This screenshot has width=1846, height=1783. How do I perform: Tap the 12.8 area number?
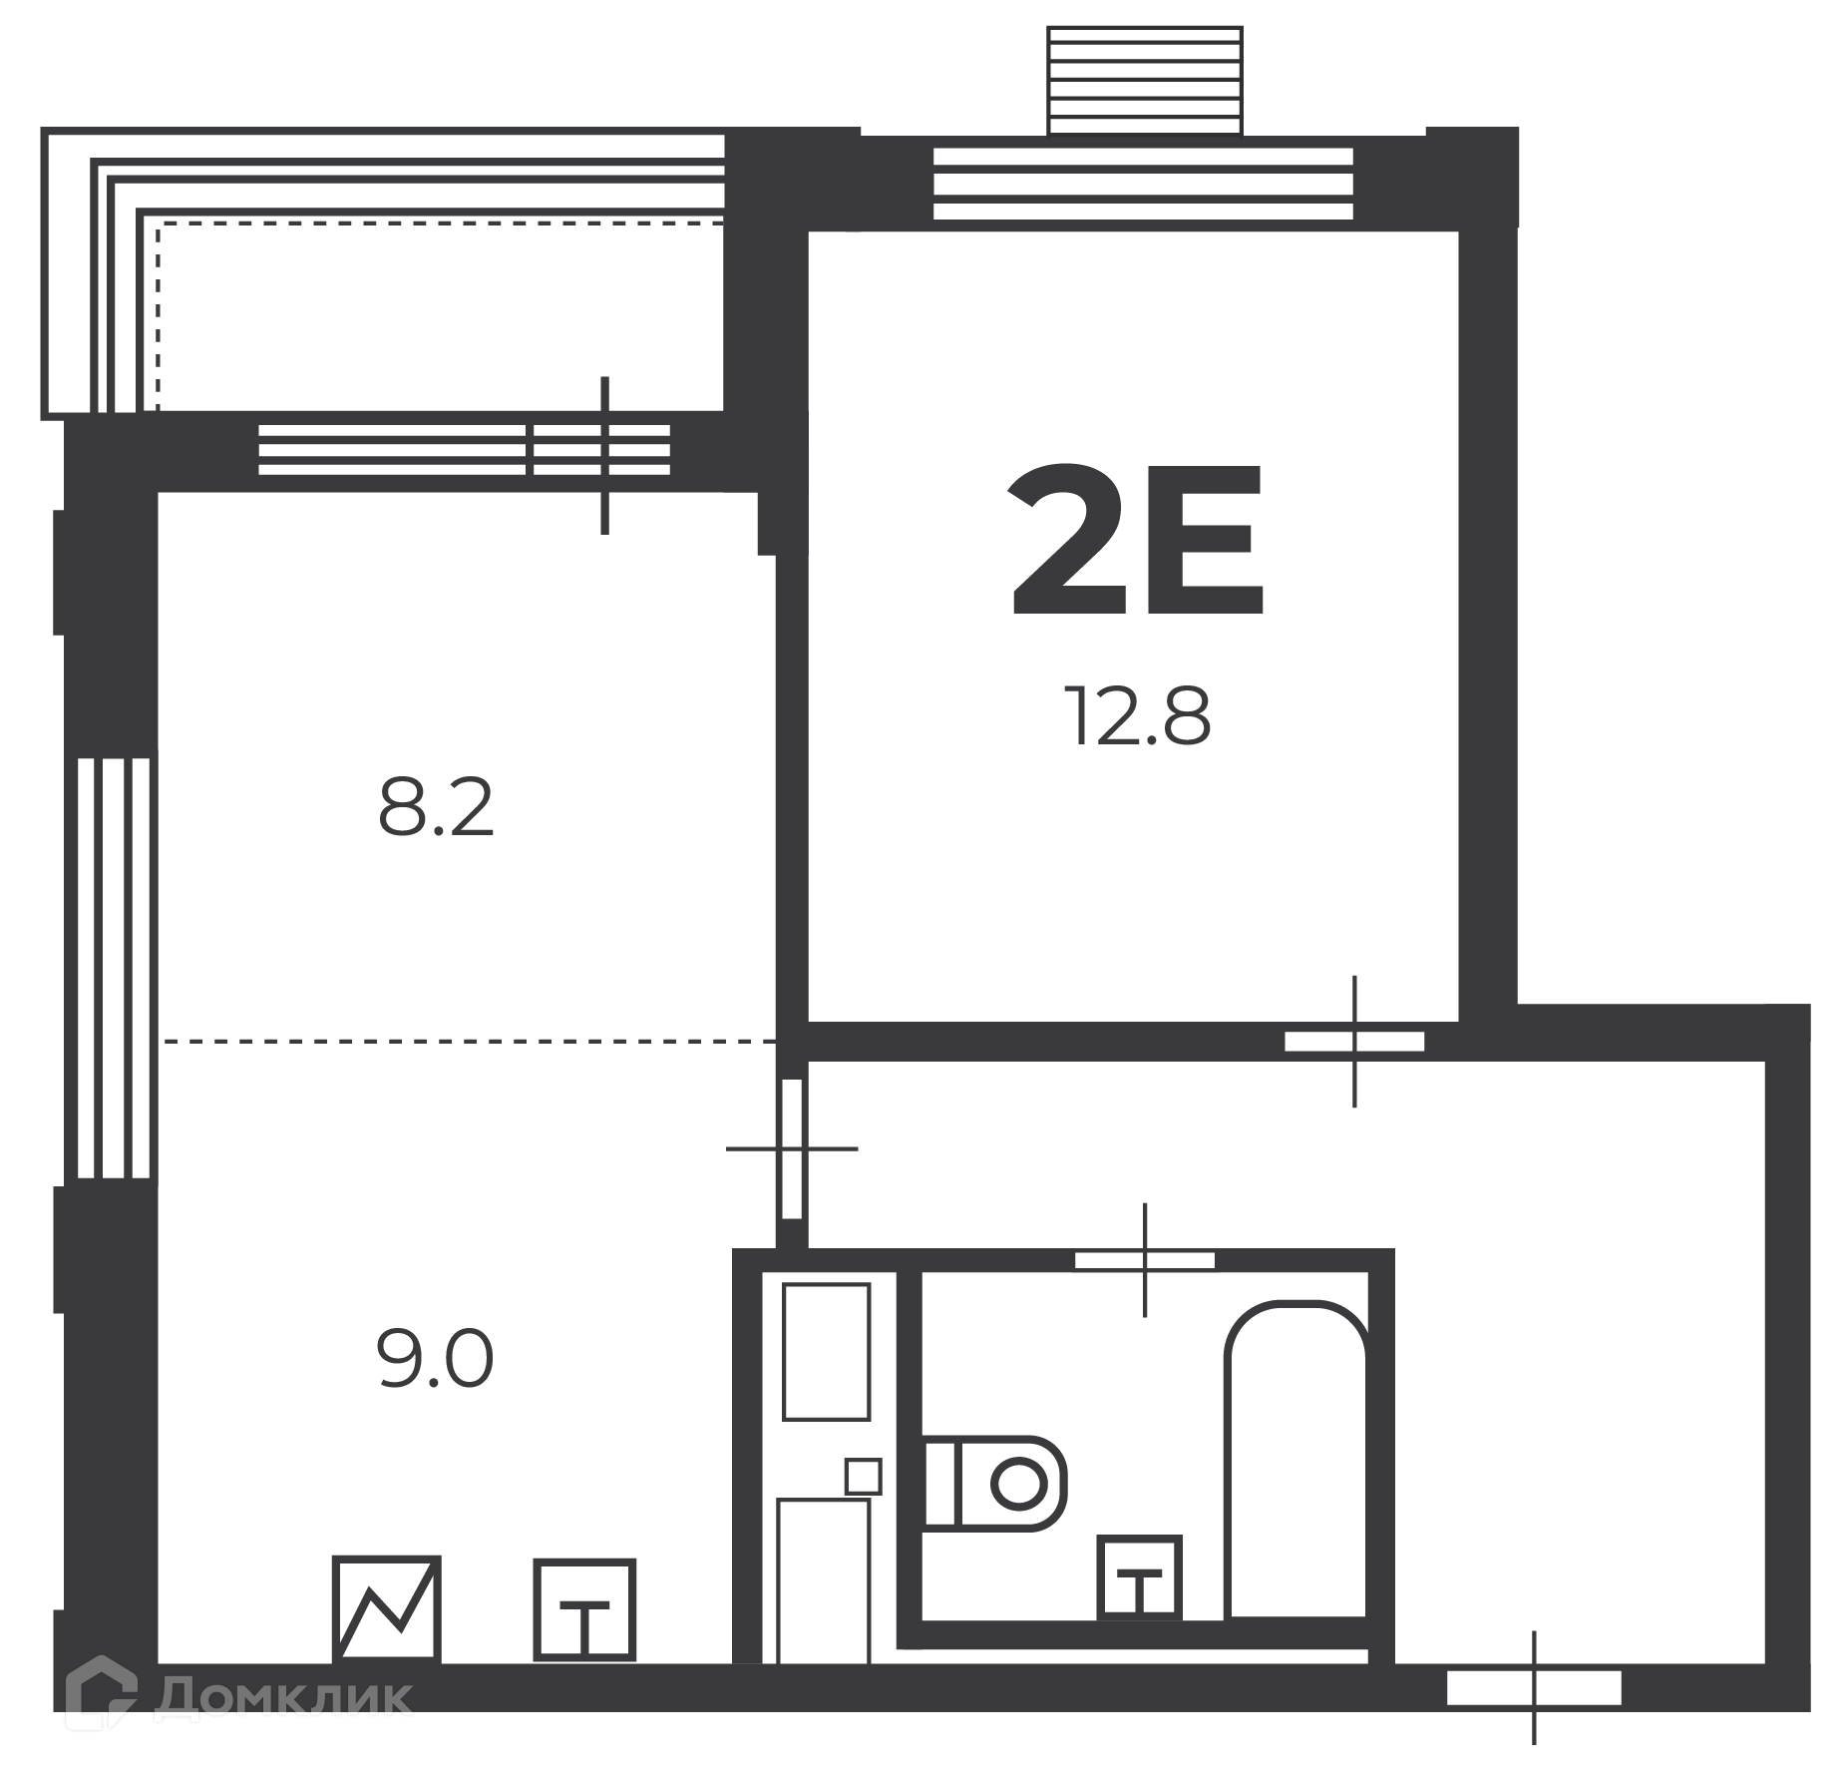(x=1137, y=715)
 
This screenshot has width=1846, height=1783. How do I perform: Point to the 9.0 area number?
(x=435, y=1359)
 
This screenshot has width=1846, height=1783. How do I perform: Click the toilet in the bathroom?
(x=994, y=1483)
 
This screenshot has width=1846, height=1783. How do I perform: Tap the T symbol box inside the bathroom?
(x=1139, y=1577)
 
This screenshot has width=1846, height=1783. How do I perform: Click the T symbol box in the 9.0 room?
(x=584, y=1609)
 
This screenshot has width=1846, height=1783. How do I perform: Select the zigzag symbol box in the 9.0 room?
(x=386, y=1608)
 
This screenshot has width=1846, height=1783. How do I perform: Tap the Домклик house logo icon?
(x=102, y=1693)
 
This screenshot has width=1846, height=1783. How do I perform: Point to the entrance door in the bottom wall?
(x=1534, y=1688)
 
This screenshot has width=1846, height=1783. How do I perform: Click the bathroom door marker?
(x=1145, y=1260)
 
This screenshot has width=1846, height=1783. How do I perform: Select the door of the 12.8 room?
(x=1354, y=1042)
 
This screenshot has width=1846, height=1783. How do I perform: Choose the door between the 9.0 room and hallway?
(x=792, y=1148)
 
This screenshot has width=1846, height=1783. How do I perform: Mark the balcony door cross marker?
(x=604, y=455)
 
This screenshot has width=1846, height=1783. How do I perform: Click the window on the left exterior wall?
(x=114, y=968)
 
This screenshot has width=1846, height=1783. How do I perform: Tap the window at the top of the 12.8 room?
(x=1143, y=183)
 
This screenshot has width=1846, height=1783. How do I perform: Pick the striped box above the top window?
(x=1145, y=80)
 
